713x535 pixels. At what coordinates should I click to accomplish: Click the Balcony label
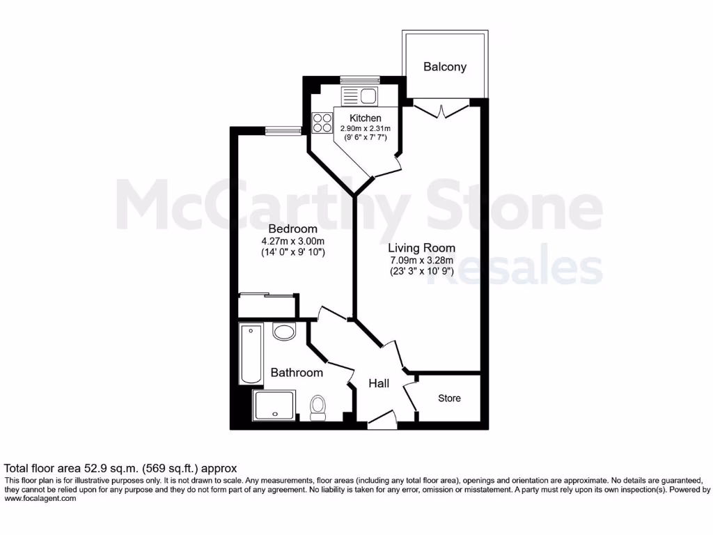445,67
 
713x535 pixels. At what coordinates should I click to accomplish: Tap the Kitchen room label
366,118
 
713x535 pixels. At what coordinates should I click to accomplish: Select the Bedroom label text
293,228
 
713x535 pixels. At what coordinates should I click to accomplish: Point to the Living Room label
421,247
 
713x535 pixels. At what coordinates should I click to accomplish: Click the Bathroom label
297,373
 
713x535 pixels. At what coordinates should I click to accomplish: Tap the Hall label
379,383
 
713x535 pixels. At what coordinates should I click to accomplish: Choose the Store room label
449,398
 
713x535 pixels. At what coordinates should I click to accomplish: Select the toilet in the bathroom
318,407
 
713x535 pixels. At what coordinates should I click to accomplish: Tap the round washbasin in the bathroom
284,332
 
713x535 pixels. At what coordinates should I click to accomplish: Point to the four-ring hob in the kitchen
322,123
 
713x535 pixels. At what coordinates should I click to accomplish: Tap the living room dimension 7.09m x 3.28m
421,261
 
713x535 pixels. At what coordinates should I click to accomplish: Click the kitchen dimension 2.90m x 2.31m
366,129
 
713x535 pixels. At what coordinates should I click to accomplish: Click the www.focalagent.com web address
40,499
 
